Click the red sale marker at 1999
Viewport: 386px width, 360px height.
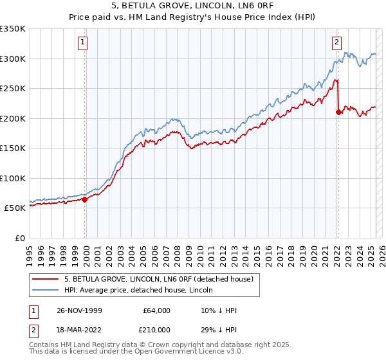(x=84, y=199)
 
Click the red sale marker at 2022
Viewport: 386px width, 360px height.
(x=338, y=112)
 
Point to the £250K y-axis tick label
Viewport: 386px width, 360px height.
(x=13, y=88)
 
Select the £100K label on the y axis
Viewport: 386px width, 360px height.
(x=13, y=178)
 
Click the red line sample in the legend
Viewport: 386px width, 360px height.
(x=46, y=279)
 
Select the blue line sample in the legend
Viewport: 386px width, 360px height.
(x=46, y=290)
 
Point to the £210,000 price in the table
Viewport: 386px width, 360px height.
(x=156, y=329)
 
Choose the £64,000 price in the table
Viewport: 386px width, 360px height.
(x=156, y=310)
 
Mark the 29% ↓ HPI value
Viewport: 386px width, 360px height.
(x=219, y=329)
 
